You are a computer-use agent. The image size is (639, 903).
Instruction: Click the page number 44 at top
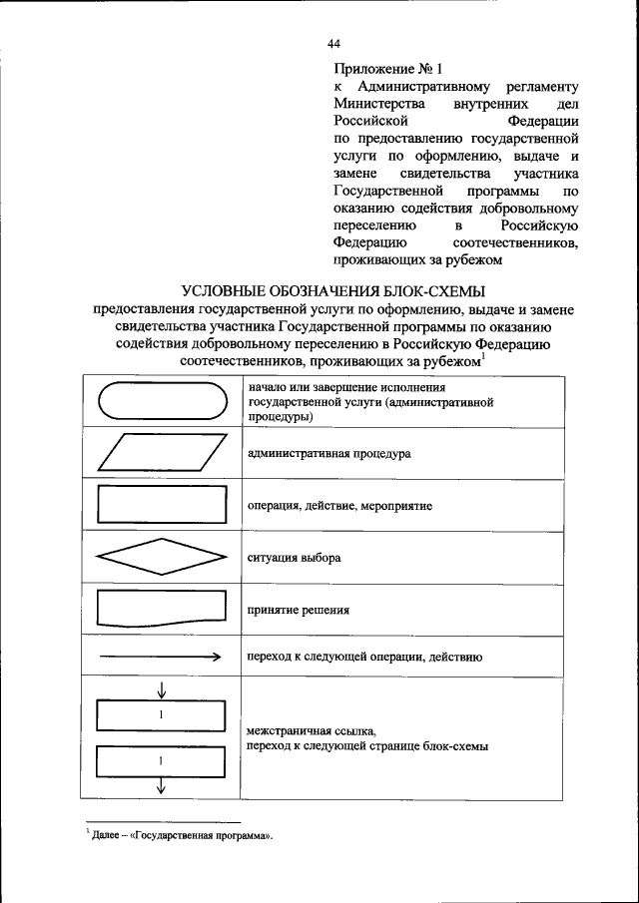[x=333, y=44]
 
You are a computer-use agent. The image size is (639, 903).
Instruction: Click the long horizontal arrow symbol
[x=160, y=658]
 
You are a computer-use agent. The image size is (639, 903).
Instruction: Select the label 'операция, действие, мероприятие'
[x=339, y=506]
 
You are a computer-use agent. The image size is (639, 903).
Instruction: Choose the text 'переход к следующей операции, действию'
[x=365, y=658]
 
